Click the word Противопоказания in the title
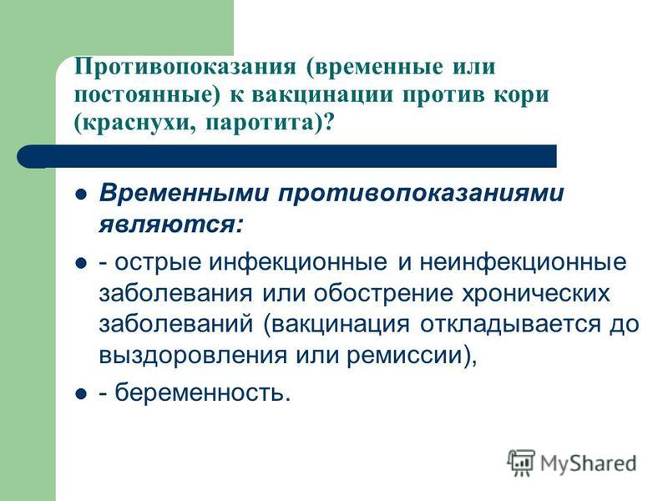coord(185,68)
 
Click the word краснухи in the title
coord(135,124)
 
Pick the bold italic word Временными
coord(184,193)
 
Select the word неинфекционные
coord(524,263)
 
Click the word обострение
coord(383,294)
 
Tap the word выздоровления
coord(193,356)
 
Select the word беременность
coord(200,392)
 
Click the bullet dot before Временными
coord(81,195)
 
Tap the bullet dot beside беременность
coord(81,393)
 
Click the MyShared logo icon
coord(520,462)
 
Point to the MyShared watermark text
coord(588,463)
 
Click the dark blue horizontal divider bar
coord(286,156)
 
